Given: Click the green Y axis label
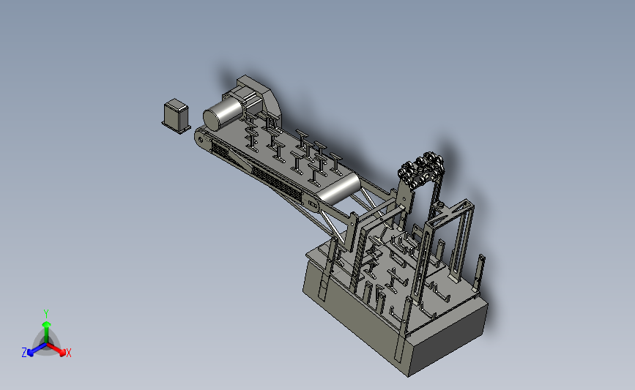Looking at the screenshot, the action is point(45,314).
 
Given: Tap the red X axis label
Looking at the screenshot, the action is point(68,353).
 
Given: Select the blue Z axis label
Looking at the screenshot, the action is point(24,353).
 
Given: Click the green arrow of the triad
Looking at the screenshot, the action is point(46,332).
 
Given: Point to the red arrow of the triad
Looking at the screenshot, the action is point(56,350).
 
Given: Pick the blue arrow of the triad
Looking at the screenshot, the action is point(37,350).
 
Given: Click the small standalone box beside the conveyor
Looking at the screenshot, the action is point(177,116).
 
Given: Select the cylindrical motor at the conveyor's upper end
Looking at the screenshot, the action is point(222,113).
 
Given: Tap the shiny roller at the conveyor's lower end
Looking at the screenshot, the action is point(339,188).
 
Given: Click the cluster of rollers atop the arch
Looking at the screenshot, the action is point(421,169).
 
